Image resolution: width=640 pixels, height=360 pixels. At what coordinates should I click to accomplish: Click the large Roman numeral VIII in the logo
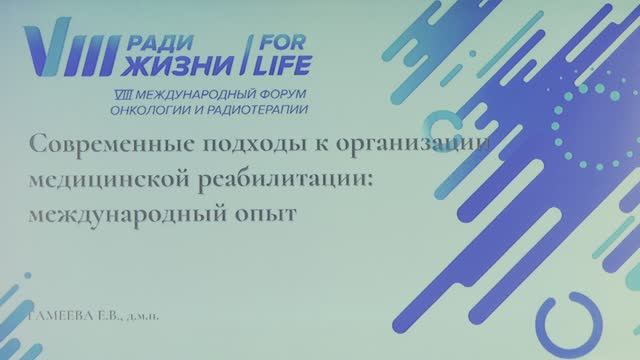[x=62, y=52]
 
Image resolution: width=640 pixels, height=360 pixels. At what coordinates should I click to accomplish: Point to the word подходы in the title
[x=232, y=145]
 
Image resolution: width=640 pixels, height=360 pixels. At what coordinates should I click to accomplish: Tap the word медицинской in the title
[x=111, y=178]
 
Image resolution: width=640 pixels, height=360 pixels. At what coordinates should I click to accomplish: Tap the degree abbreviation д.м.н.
[x=146, y=319]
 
